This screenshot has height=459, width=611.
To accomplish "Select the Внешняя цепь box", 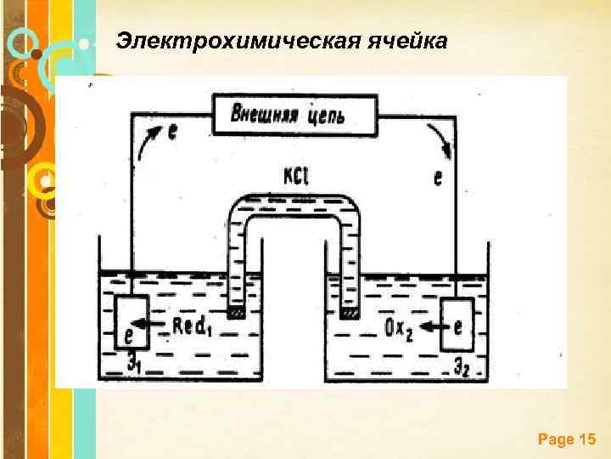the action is coord(294,114).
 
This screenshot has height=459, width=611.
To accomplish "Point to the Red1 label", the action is coord(192,326).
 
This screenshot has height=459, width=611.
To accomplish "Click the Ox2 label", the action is coord(397,326).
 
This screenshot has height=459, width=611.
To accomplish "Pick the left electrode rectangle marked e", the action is coord(131,322).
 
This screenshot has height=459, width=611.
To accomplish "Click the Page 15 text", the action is coord(567,439).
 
